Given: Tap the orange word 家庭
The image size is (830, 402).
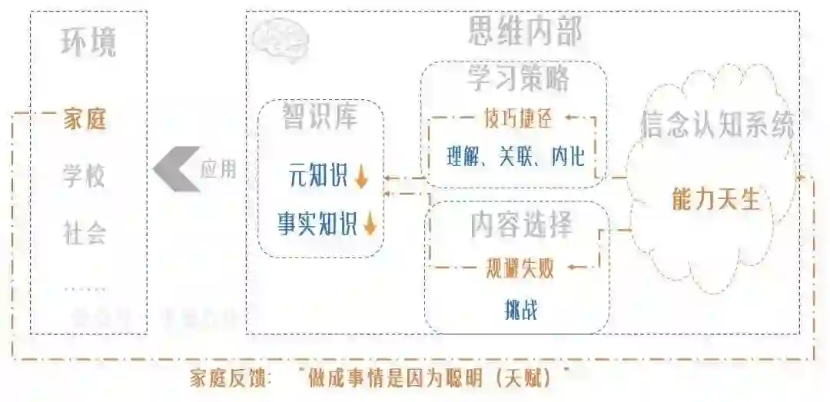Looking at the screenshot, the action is [x=84, y=120].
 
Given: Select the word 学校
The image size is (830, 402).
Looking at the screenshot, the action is [x=84, y=176].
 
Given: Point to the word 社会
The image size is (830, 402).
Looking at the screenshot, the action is [x=84, y=232].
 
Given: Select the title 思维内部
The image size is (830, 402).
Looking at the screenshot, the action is [x=525, y=32].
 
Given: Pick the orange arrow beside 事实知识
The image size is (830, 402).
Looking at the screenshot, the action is [x=370, y=224].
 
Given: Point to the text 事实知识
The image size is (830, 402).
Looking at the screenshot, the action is [x=317, y=224].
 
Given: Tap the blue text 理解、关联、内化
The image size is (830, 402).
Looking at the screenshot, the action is [x=516, y=157].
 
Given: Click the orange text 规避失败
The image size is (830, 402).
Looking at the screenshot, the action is [x=520, y=267].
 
